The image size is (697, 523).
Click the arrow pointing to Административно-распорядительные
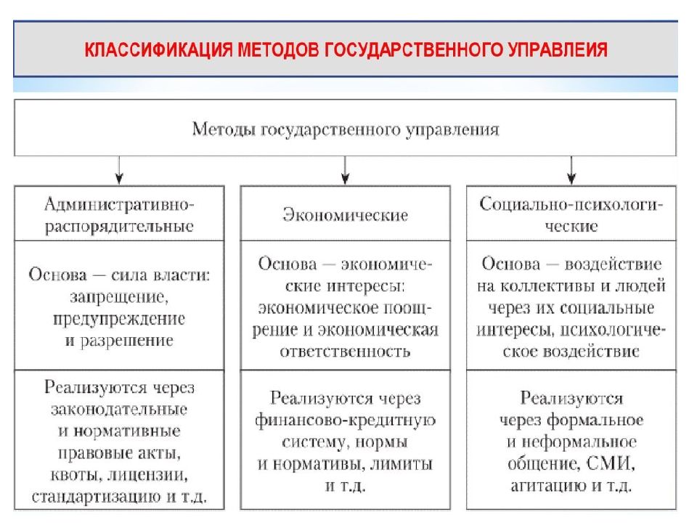pos(119,170)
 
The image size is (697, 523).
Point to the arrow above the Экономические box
pos(346,170)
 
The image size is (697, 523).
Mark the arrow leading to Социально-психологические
pos(571,170)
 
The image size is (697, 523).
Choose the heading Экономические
pos(346,215)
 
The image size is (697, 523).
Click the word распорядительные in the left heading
pos(119,227)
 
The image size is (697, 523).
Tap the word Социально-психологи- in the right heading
pos(571,205)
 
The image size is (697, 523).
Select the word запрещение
pos(119,296)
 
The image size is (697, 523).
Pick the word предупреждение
pos(119,319)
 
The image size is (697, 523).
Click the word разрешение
pos(126,341)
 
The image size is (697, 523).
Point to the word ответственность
pos(346,352)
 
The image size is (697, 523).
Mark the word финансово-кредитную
pos(346,421)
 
